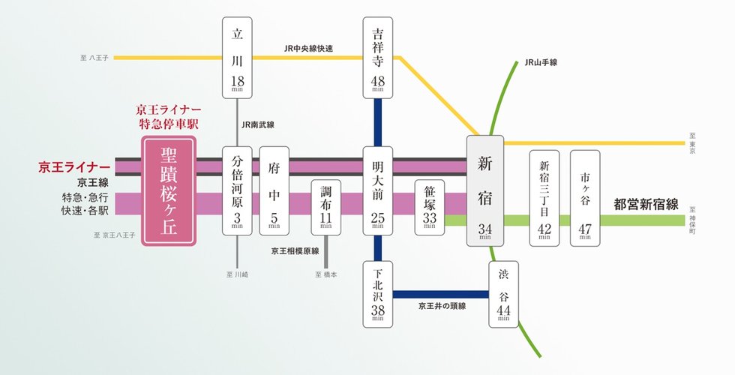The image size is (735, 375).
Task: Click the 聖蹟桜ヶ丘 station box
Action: point(169,190)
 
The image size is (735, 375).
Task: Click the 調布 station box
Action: point(325,206)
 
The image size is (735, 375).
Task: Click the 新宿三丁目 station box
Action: point(544,198)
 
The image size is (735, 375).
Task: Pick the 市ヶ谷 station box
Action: point(585,198)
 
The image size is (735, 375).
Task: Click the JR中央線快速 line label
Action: point(309,49)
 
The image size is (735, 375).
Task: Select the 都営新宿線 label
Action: point(646,204)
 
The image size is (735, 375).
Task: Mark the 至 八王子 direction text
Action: point(95,57)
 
